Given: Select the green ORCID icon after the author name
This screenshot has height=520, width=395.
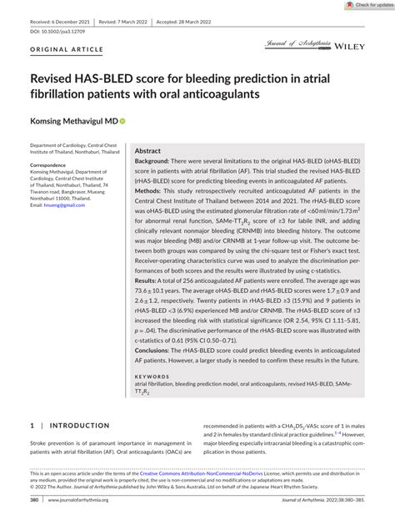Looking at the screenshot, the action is [x=122, y=120].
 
